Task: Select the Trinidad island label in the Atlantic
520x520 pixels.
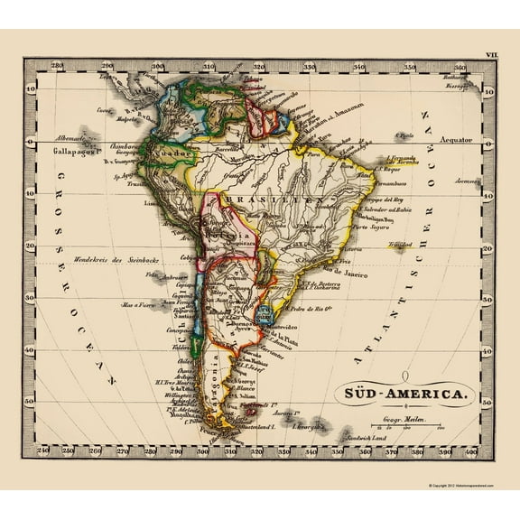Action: pyautogui.click(x=396, y=244)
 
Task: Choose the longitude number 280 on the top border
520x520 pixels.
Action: pyautogui.click(x=57, y=65)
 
